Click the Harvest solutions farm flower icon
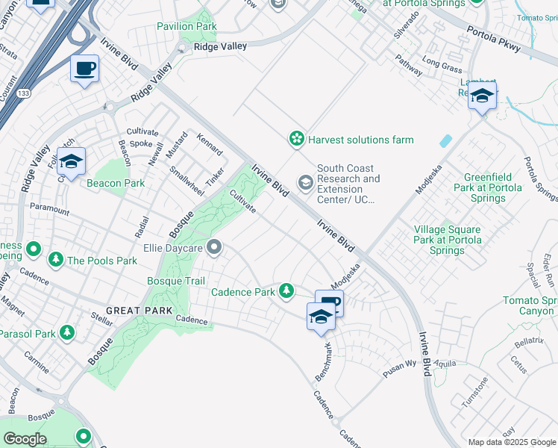[297, 139]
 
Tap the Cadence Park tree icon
[286, 291]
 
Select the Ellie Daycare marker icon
[215, 246]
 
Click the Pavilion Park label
[186, 26]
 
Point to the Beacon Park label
[116, 183]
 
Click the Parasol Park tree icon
[67, 332]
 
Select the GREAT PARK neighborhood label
[139, 311]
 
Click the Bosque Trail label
[175, 281]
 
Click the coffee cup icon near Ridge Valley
[84, 69]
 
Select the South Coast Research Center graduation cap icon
[305, 182]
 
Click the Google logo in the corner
[25, 439]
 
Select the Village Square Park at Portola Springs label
[448, 240]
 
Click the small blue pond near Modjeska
[446, 140]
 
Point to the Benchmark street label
[323, 361]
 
